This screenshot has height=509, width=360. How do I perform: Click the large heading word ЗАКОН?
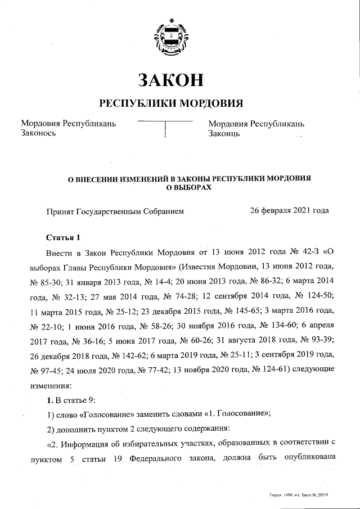pos(170,80)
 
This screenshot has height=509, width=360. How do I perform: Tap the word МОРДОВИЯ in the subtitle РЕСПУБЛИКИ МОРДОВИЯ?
pos(211,103)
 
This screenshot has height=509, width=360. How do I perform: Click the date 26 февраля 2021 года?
pos(289,211)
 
